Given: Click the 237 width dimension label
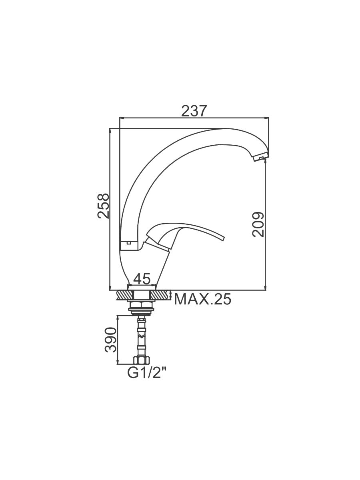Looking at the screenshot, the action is [194, 111].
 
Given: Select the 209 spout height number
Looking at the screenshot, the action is [258, 224].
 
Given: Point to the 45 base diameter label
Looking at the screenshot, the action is [142, 278].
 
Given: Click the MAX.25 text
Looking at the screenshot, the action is [202, 299].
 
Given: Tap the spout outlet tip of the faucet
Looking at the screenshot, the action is [261, 158].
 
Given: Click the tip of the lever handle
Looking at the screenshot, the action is [223, 238].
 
